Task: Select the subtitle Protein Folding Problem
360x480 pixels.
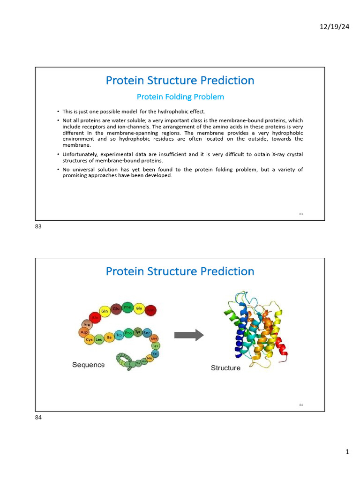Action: [180, 97]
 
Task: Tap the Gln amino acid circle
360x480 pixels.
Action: [105, 311]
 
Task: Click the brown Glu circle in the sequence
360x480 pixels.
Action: [116, 309]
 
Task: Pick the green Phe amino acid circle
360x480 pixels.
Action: [127, 308]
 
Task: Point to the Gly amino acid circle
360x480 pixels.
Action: [139, 308]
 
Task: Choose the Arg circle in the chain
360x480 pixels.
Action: [86, 324]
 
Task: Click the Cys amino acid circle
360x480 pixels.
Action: [89, 339]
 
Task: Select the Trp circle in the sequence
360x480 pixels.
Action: [119, 336]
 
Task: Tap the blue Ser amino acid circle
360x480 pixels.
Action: [147, 332]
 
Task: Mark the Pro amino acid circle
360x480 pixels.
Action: [128, 333]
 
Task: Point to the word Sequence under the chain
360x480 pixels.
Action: [88, 365]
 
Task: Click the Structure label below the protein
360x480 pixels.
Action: [225, 368]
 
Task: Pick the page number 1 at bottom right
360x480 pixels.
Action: [347, 452]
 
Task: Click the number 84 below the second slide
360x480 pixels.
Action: [38, 418]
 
